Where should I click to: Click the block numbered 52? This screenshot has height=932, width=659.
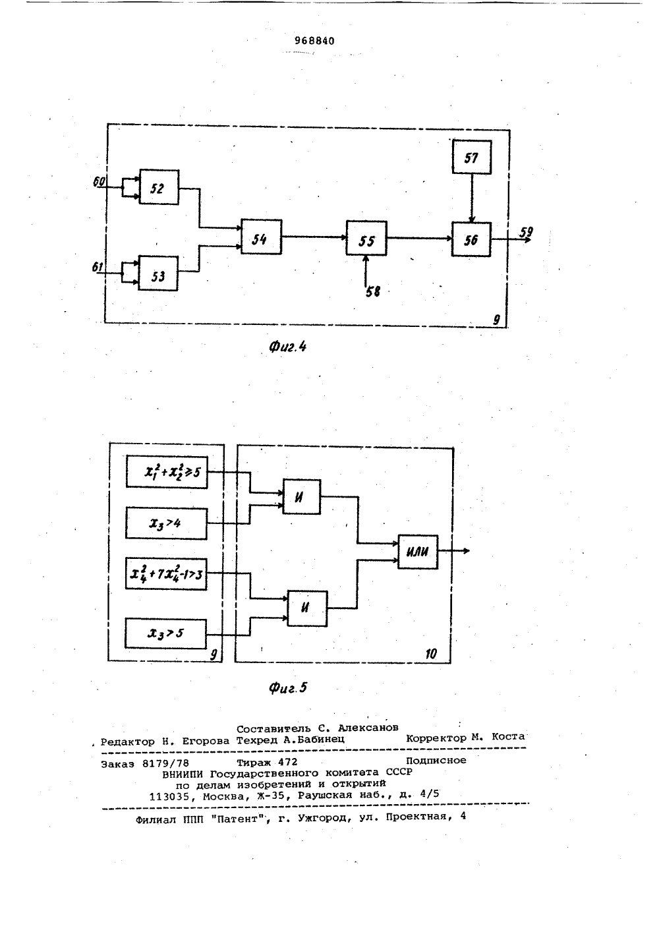click(159, 187)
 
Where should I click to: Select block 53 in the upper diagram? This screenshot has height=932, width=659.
click(158, 274)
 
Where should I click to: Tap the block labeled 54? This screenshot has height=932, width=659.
click(261, 237)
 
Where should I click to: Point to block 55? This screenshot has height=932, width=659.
click(366, 238)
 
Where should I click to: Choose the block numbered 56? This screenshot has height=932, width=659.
click(471, 239)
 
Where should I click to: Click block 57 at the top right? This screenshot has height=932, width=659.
click(472, 157)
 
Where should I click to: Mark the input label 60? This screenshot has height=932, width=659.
click(99, 181)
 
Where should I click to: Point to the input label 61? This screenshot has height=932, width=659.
click(98, 267)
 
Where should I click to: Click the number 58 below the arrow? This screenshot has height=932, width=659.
click(373, 292)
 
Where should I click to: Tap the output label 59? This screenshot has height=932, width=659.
click(527, 231)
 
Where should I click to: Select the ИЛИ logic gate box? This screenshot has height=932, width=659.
click(418, 552)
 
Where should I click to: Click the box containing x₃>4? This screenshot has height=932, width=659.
click(166, 523)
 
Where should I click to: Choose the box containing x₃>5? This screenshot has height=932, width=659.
click(165, 633)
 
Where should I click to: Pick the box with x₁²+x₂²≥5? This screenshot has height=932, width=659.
click(167, 472)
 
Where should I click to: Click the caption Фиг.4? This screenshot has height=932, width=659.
click(287, 346)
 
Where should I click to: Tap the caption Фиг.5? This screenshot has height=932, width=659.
click(287, 687)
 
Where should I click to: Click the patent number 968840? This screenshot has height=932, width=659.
click(314, 41)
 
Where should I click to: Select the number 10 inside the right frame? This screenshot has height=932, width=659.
click(431, 654)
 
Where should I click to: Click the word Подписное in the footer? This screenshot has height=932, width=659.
click(436, 761)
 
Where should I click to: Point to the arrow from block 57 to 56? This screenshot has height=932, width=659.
click(472, 198)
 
